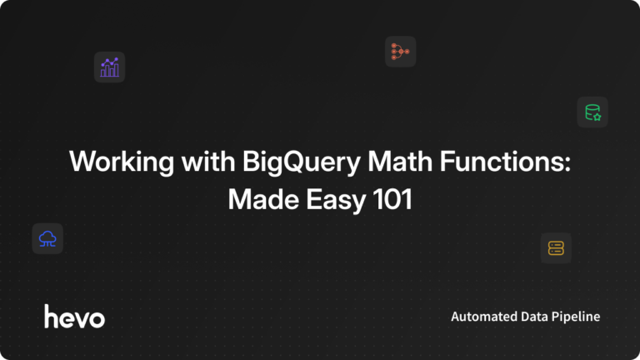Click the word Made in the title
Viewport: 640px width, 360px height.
[258, 201]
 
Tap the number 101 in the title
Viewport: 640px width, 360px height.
[391, 201]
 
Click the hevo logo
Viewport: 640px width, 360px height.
[74, 317]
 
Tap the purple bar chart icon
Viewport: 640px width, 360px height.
[109, 67]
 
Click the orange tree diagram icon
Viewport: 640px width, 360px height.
[400, 52]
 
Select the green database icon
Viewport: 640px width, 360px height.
[592, 112]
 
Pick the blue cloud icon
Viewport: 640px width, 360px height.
[47, 239]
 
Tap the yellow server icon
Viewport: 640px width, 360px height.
[556, 247]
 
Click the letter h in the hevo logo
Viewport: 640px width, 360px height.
[50, 316]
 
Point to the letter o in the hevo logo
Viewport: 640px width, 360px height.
[97, 318]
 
